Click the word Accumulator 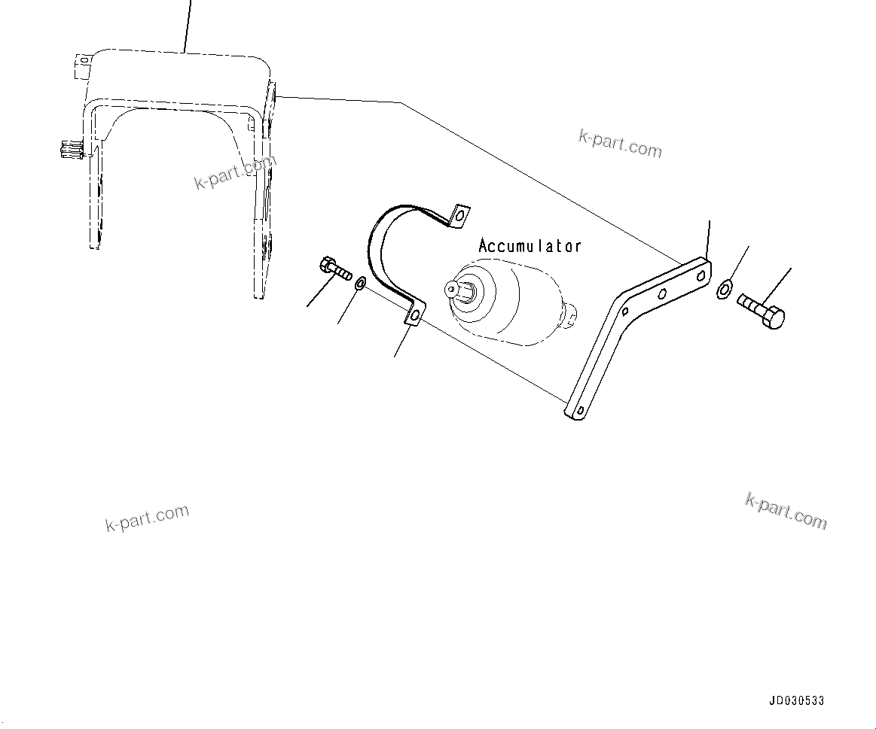(x=530, y=246)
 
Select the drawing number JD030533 (x=796, y=701)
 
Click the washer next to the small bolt (x=360, y=284)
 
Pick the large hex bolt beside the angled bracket (x=760, y=309)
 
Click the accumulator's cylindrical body (x=520, y=305)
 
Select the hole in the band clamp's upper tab (x=457, y=217)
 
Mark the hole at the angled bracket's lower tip (x=578, y=410)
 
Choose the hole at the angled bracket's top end (x=700, y=276)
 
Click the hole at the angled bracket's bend (x=624, y=310)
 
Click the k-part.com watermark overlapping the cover (x=236, y=172)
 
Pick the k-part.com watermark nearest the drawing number (x=786, y=512)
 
